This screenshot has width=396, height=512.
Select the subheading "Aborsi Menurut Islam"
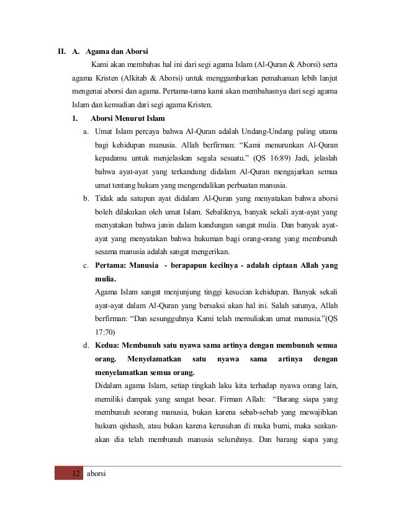click(x=127, y=118)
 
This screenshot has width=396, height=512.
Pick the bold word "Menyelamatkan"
click(x=152, y=359)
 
